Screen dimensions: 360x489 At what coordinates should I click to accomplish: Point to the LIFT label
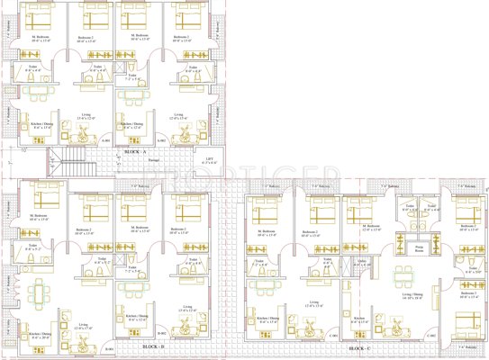(210, 160)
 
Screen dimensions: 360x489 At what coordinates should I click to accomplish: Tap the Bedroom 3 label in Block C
(467, 292)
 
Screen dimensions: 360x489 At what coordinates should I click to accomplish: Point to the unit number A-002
(163, 141)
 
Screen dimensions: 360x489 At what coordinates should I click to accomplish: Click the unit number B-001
(109, 347)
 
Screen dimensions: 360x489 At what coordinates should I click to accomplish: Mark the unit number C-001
(332, 336)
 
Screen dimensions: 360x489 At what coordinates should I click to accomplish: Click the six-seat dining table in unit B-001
(37, 292)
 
